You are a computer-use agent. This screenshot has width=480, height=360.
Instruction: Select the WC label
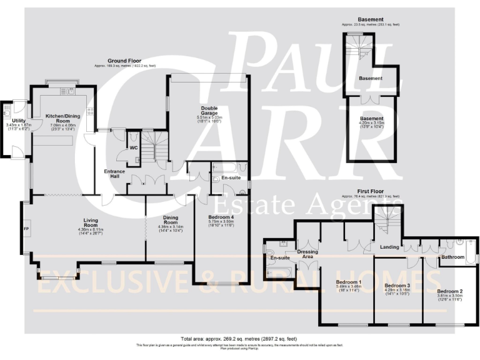pyautogui.click(x=133, y=148)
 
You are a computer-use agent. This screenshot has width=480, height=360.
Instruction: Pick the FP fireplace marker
pyautogui.click(x=26, y=229)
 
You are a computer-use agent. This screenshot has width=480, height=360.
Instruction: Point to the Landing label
pyautogui.click(x=389, y=247)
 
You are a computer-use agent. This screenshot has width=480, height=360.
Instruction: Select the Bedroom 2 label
pyautogui.click(x=449, y=292)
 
